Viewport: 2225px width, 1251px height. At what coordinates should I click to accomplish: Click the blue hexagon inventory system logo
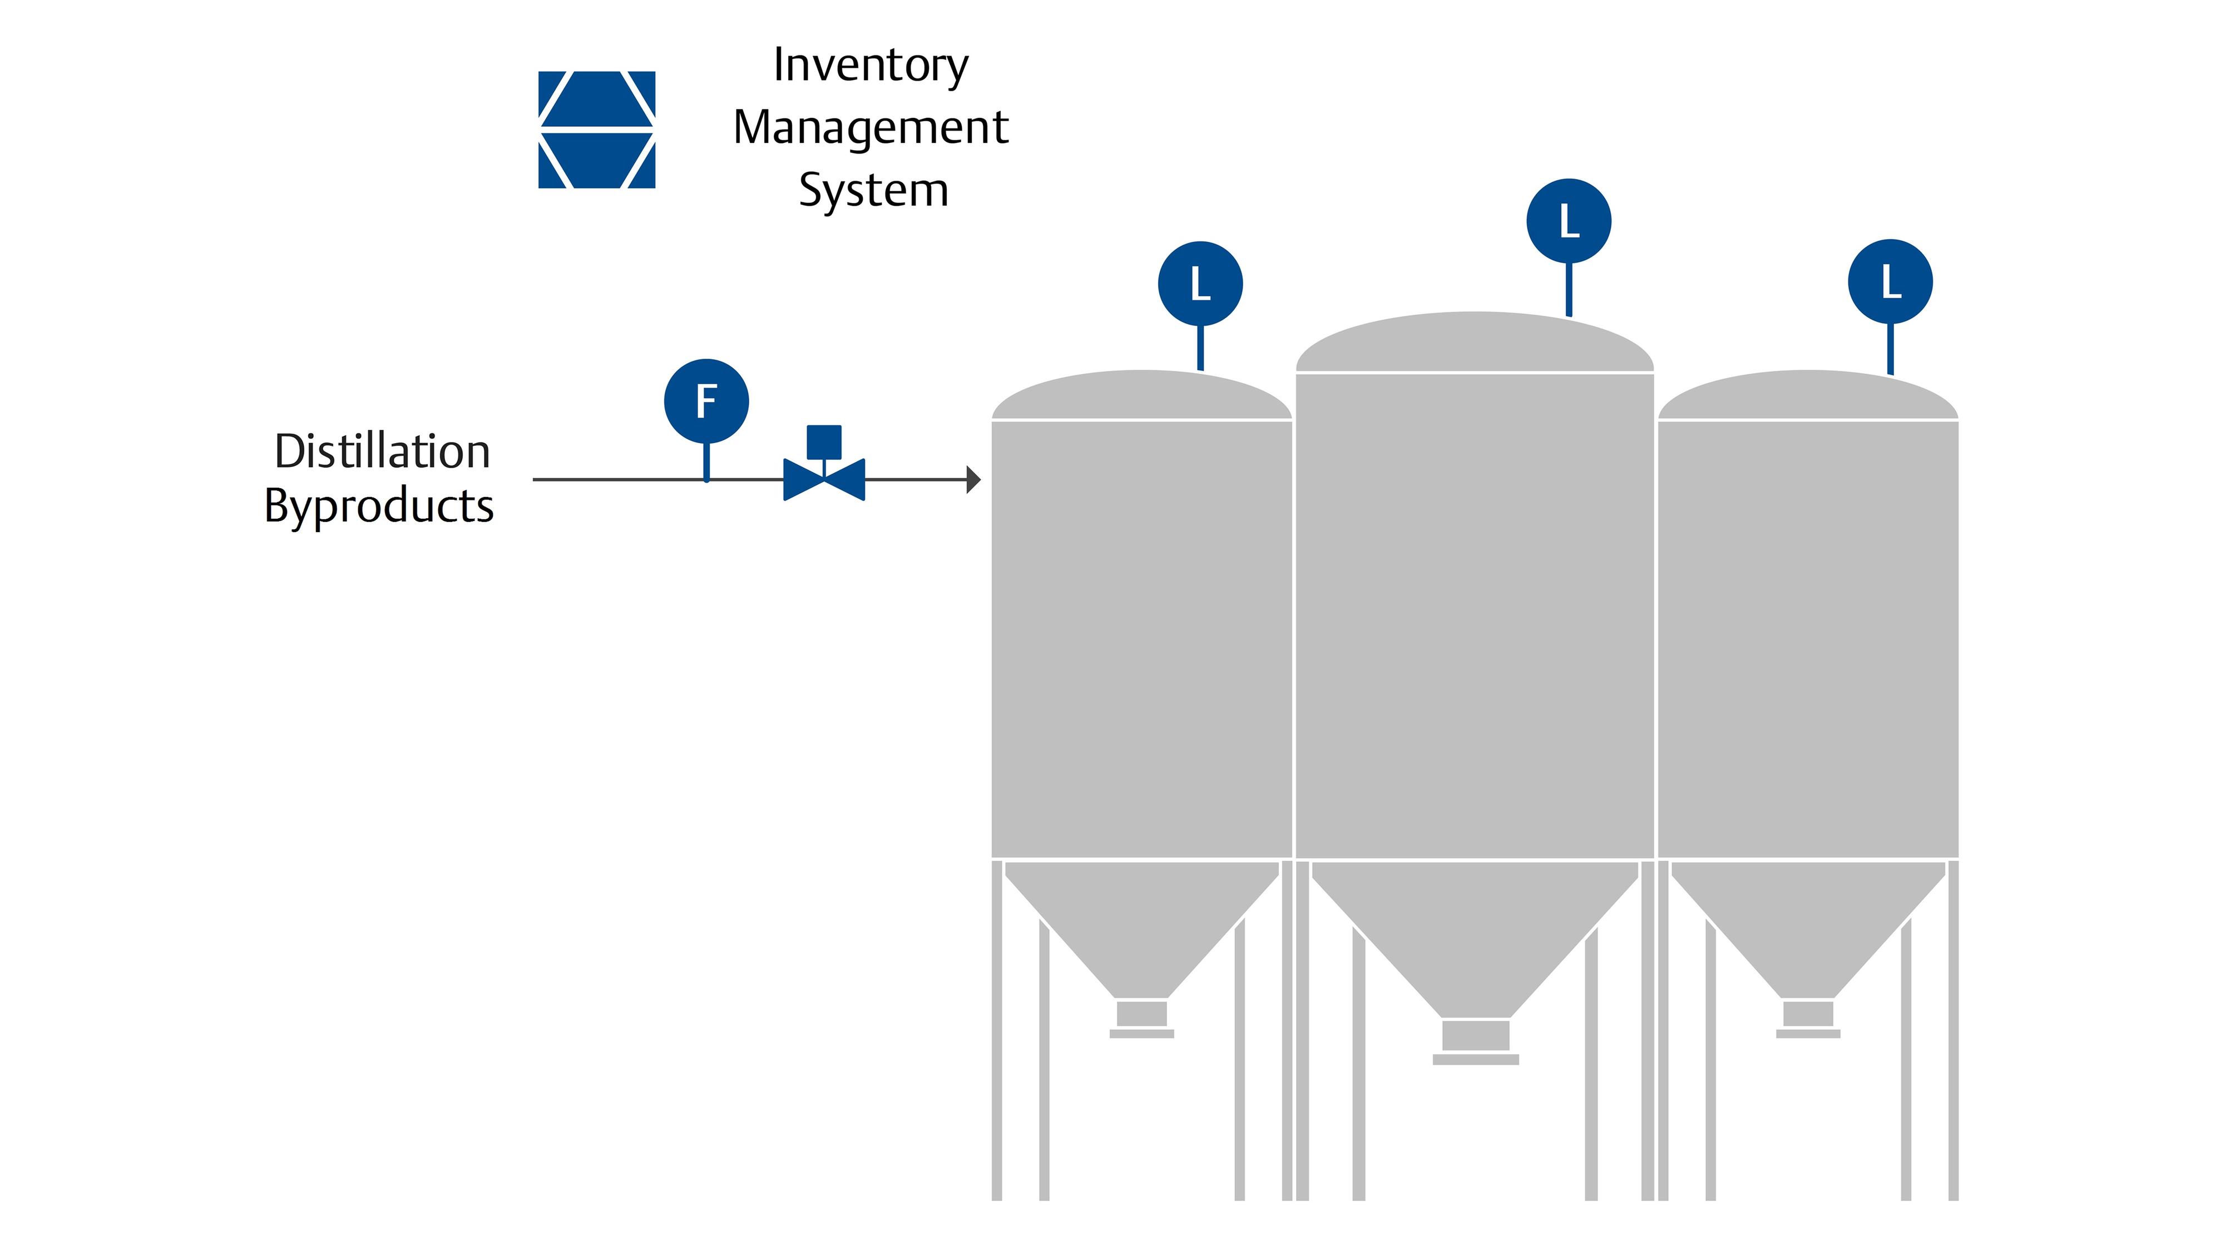coord(596,130)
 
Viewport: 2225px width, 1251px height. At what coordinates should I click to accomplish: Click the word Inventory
coord(871,66)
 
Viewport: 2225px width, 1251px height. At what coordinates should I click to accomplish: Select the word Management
coord(871,128)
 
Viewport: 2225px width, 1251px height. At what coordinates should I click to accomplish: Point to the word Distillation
coord(382,451)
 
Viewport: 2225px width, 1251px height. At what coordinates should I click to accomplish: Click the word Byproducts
coord(378,506)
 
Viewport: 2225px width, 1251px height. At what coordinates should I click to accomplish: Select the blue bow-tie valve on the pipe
coord(824,480)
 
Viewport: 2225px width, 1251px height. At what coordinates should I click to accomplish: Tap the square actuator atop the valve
coord(824,441)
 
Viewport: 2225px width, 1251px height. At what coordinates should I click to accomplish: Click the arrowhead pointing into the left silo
coord(973,479)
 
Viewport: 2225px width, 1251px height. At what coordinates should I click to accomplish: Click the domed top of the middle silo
coord(1475,342)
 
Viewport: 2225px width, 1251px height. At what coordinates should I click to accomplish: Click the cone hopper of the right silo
coord(1808,924)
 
